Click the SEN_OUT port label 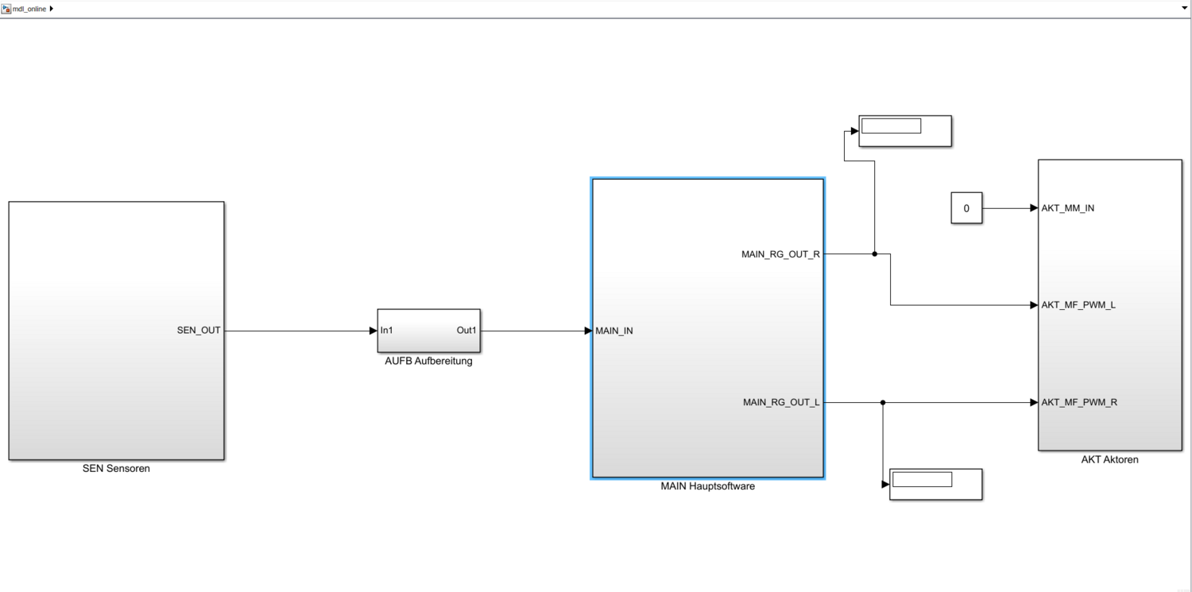pyautogui.click(x=199, y=331)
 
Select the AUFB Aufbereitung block pyautogui.click(x=428, y=331)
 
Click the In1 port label pyautogui.click(x=387, y=331)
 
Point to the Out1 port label pyautogui.click(x=466, y=331)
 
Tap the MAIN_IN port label pyautogui.click(x=614, y=331)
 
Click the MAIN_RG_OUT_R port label pyautogui.click(x=780, y=254)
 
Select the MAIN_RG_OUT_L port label pyautogui.click(x=781, y=402)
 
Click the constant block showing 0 pyautogui.click(x=966, y=208)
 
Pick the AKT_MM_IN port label pyautogui.click(x=1067, y=208)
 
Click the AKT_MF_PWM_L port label pyautogui.click(x=1078, y=305)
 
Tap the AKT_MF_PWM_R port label pyautogui.click(x=1079, y=402)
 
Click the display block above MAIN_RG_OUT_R pyautogui.click(x=905, y=130)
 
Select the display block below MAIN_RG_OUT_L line pyautogui.click(x=935, y=484)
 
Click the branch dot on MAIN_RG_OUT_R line pyautogui.click(x=874, y=254)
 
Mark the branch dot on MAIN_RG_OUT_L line pyautogui.click(x=883, y=402)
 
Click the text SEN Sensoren pyautogui.click(x=116, y=469)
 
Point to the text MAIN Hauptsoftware pyautogui.click(x=707, y=486)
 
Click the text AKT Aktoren pyautogui.click(x=1109, y=459)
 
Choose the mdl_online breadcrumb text pyautogui.click(x=29, y=9)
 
